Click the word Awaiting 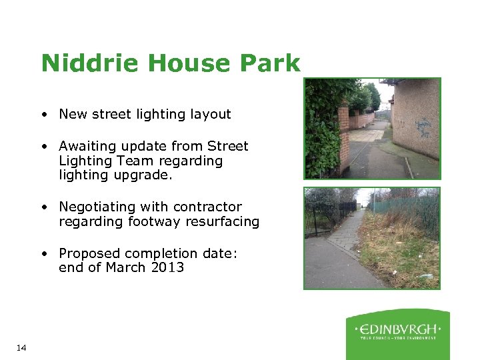tap(85, 146)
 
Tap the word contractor tap(210, 207)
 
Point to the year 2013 tap(167, 268)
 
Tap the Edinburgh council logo tap(397, 333)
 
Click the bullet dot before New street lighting tap(43, 115)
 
